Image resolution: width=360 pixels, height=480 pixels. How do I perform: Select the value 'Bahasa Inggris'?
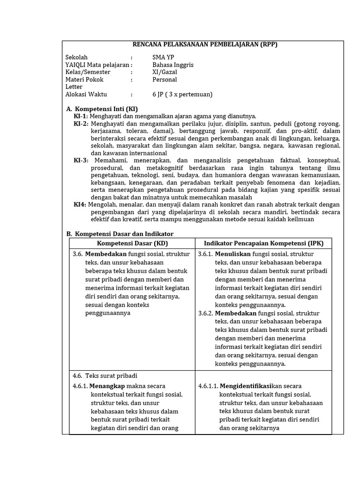coord(173,65)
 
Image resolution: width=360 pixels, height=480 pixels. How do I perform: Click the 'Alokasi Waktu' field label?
coord(87,94)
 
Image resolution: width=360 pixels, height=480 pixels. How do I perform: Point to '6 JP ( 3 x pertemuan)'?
coord(182,94)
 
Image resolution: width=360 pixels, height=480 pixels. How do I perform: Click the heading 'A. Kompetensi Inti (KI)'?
coord(102,109)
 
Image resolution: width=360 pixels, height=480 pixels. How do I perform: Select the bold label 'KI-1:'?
coord(81,116)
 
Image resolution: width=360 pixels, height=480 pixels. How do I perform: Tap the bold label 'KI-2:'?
coord(81,124)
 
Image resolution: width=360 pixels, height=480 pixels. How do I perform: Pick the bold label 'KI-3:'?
coord(81,160)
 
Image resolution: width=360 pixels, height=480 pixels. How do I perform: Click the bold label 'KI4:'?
coord(80,204)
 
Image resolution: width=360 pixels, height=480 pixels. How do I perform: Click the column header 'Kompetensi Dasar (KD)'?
coord(132,243)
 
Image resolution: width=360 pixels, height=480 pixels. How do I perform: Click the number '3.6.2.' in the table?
coord(206,313)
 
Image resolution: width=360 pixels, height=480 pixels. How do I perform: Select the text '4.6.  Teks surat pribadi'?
coord(105,376)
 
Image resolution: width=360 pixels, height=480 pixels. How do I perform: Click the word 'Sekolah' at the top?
coord(76,57)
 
